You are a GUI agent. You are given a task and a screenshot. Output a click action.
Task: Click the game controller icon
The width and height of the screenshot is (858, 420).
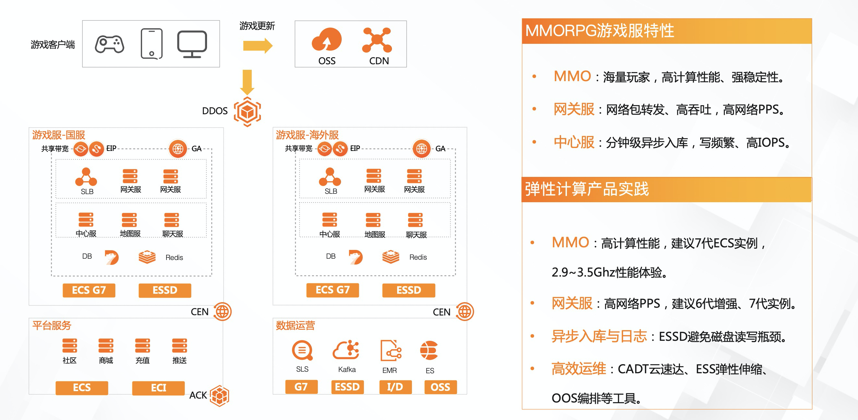click(x=110, y=44)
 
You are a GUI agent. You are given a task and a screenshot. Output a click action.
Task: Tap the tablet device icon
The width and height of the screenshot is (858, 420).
click(x=152, y=43)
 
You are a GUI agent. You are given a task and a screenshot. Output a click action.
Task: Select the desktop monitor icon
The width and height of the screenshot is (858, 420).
click(x=192, y=44)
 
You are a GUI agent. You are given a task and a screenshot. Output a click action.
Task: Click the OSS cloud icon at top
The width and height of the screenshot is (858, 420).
click(x=326, y=39)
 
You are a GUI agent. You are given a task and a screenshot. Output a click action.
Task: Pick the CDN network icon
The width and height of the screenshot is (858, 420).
click(x=377, y=40)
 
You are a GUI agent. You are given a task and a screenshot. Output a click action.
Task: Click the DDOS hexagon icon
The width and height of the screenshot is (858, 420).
click(x=247, y=112)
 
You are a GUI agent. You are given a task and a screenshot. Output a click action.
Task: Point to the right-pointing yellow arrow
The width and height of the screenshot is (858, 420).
click(x=257, y=46)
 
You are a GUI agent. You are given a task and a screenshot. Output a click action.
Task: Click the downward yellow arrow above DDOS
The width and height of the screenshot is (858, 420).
click(x=247, y=82)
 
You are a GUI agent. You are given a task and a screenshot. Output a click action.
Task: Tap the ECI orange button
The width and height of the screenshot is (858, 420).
click(x=158, y=388)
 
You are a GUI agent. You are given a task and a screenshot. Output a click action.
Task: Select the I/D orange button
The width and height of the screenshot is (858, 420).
click(x=395, y=387)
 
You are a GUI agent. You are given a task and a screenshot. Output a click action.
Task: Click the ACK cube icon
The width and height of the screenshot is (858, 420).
click(x=219, y=396)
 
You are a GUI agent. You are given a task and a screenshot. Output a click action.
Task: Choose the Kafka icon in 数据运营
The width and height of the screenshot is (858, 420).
click(x=346, y=350)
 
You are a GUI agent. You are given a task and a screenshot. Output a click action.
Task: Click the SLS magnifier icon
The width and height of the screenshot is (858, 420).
click(x=302, y=351)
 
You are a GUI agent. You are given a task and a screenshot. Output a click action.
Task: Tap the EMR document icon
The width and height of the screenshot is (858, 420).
click(x=390, y=351)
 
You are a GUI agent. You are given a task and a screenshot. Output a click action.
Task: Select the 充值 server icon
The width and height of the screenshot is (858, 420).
click(x=142, y=346)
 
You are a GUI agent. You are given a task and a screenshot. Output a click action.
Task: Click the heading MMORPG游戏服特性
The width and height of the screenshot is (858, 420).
click(x=600, y=31)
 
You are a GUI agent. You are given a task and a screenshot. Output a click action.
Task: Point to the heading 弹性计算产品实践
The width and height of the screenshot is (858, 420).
click(x=587, y=189)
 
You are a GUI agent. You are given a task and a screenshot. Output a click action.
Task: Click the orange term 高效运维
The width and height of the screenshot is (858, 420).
click(x=579, y=369)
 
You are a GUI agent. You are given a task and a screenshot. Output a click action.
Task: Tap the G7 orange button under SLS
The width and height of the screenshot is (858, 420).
click(x=301, y=387)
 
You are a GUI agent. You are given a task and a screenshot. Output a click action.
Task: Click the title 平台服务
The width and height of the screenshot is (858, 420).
click(x=52, y=326)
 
